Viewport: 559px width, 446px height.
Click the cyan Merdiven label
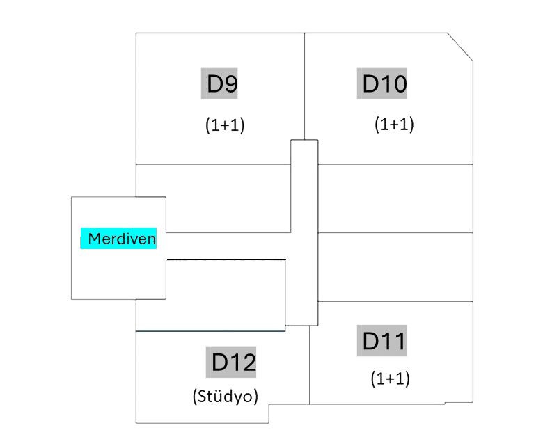pyautogui.click(x=119, y=239)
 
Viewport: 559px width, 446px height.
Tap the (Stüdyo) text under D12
pyautogui.click(x=226, y=397)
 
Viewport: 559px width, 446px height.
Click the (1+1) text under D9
pyautogui.click(x=225, y=125)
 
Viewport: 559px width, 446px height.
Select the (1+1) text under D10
pyautogui.click(x=394, y=125)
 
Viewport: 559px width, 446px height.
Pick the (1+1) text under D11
pyautogui.click(x=390, y=379)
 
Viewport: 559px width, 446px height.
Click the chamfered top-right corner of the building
pyautogui.click(x=461, y=47)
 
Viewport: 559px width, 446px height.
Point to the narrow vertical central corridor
pyautogui.click(x=304, y=230)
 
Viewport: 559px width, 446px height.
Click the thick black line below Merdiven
pyautogui.click(x=226, y=260)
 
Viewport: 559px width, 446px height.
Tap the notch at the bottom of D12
pyautogui.click(x=269, y=412)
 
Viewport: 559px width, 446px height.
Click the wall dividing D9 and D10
pyautogui.click(x=305, y=83)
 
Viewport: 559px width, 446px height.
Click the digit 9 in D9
pyautogui.click(x=231, y=84)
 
